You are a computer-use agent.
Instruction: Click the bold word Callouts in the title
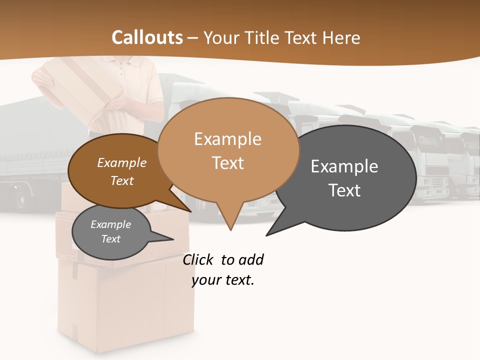[147, 37]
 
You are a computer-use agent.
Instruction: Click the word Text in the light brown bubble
[227, 162]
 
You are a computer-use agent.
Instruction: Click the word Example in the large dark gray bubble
[344, 166]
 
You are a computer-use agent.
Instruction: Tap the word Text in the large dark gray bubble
[344, 190]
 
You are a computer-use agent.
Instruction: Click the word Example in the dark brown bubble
[121, 162]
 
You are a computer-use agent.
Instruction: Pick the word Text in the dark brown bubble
[121, 180]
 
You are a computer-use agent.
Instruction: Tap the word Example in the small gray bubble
[110, 224]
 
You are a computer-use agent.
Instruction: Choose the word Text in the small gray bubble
[110, 239]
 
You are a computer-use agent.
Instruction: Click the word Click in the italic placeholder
[197, 259]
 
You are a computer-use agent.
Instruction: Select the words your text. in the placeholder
[223, 280]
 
